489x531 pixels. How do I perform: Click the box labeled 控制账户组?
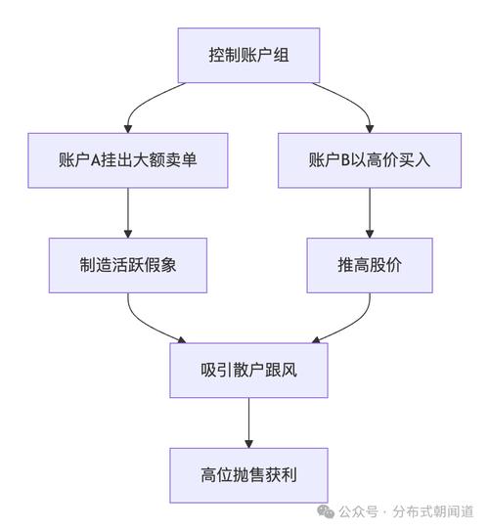point(248,55)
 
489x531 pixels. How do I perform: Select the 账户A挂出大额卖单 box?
point(129,158)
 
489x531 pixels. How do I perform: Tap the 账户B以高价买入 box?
point(369,158)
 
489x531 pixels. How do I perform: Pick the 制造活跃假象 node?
point(129,264)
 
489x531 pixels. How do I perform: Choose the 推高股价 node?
point(369,264)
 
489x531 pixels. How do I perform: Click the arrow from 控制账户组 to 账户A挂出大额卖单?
point(147,98)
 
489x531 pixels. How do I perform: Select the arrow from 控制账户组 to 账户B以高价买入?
point(352,98)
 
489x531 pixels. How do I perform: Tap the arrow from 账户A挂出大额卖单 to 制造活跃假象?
point(129,211)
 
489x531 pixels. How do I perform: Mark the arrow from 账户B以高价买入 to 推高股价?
point(369,211)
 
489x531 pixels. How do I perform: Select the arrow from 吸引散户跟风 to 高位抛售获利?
point(248,422)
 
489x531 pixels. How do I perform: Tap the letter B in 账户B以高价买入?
point(338,158)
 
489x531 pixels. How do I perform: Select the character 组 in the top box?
point(280,55)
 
